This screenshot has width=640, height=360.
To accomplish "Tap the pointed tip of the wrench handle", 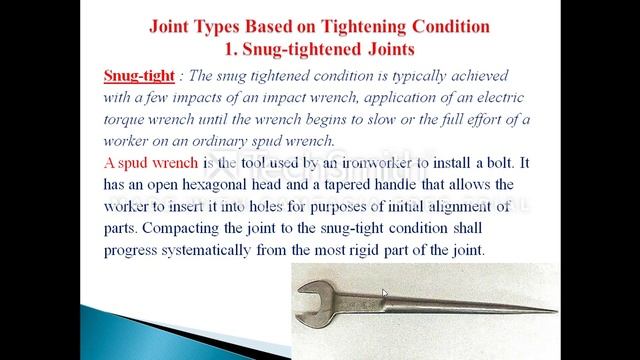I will pyautogui.click(x=553, y=311).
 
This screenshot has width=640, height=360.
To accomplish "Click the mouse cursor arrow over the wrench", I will pyautogui.click(x=384, y=295).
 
